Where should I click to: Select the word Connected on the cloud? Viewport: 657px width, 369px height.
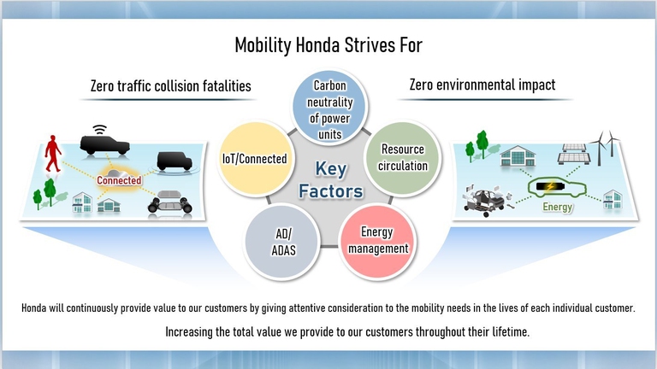119,181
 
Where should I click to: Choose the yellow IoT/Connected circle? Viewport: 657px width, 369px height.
253,159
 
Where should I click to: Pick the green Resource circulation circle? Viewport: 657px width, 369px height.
402,157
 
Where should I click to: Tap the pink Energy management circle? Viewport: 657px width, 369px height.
376,241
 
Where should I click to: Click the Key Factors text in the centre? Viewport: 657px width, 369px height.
331,180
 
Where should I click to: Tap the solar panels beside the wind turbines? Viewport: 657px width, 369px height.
571,154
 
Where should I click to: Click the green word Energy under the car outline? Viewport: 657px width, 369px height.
556,206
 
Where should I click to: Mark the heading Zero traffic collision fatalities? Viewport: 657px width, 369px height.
171,85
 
